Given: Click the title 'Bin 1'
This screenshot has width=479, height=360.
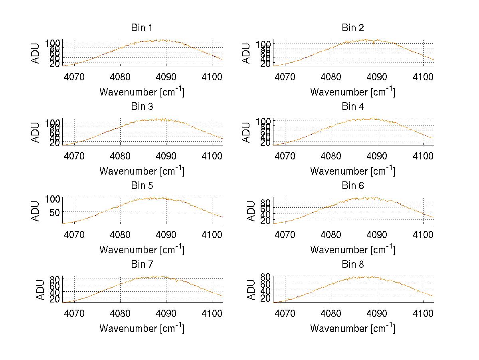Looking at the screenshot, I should tap(142, 28).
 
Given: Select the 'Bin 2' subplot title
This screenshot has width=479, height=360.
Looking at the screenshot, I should tap(352, 28).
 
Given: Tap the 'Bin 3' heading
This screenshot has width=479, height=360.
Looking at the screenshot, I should tap(142, 107).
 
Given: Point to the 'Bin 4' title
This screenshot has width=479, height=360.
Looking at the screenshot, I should tap(352, 107).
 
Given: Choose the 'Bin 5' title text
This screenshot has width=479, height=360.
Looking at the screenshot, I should tap(142, 186).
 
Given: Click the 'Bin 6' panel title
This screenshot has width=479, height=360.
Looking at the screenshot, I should tap(352, 186).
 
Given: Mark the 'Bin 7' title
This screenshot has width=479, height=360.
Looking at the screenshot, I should tap(142, 265).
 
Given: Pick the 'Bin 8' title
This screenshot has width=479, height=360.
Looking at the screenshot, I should tap(352, 265).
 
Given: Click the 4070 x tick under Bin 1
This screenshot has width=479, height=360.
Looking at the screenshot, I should tap(74, 77).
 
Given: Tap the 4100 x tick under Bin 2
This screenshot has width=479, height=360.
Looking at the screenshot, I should tap(423, 77).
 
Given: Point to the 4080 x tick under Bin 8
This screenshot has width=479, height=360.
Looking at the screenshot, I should tap(331, 313).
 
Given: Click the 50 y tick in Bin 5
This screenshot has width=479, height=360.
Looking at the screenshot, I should tap(54, 212).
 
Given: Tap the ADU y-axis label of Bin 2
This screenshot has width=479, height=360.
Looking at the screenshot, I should tap(247, 53).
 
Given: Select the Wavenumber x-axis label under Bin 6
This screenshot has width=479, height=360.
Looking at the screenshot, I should tap(352, 250).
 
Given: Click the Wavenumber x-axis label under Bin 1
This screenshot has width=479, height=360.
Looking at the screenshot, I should tap(142, 92).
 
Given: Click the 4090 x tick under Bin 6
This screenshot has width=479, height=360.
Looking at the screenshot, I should tap(377, 235).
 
